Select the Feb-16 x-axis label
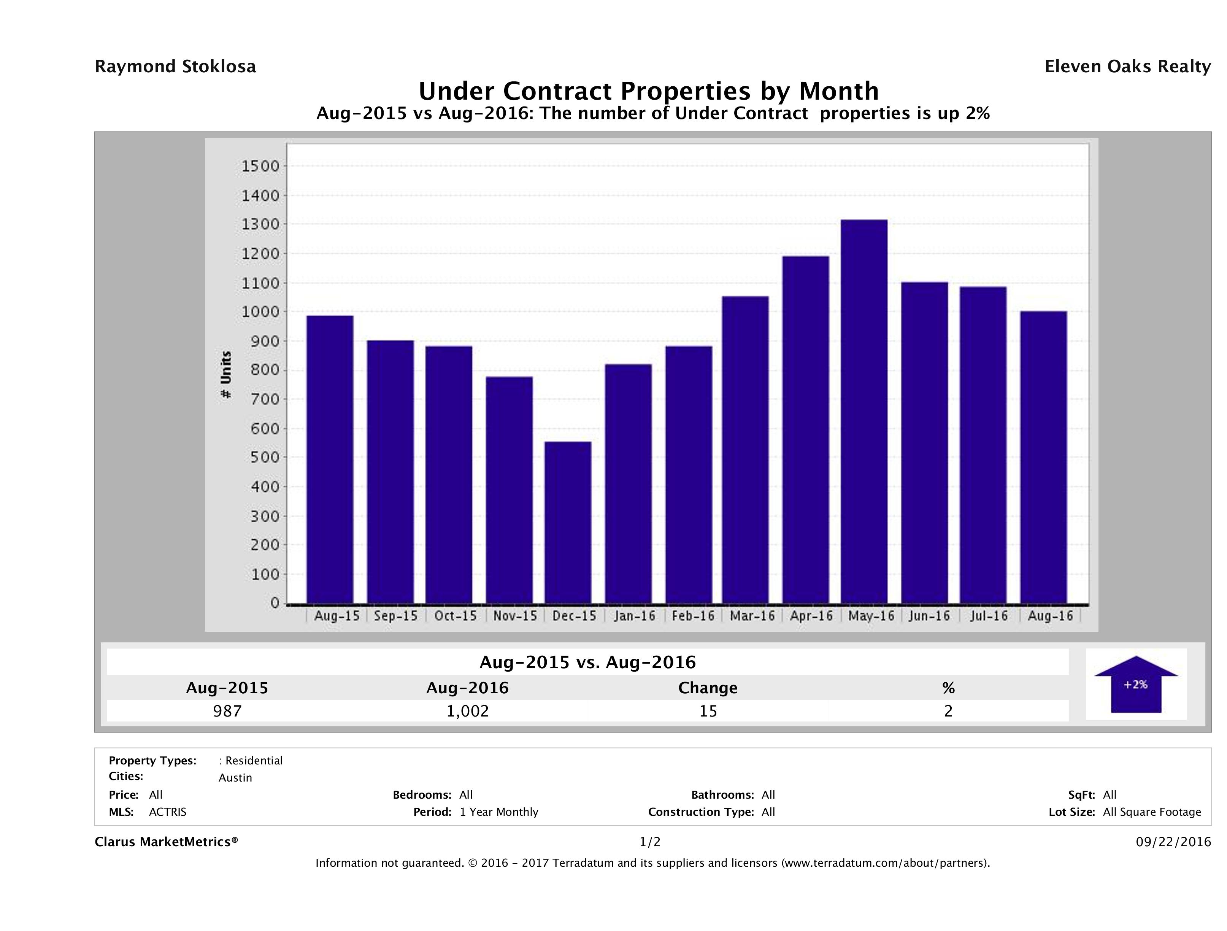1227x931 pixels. click(693, 616)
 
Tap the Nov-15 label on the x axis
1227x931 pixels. click(515, 616)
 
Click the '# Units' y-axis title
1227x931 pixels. click(226, 375)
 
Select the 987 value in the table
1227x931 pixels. click(227, 711)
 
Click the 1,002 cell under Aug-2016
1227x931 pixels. click(468, 711)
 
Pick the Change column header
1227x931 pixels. click(708, 688)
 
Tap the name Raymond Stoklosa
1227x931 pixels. click(175, 67)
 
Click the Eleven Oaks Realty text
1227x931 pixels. click(1127, 67)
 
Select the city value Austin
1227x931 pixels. click(235, 778)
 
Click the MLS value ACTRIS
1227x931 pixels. click(168, 812)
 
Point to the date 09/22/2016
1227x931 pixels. click(1173, 842)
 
